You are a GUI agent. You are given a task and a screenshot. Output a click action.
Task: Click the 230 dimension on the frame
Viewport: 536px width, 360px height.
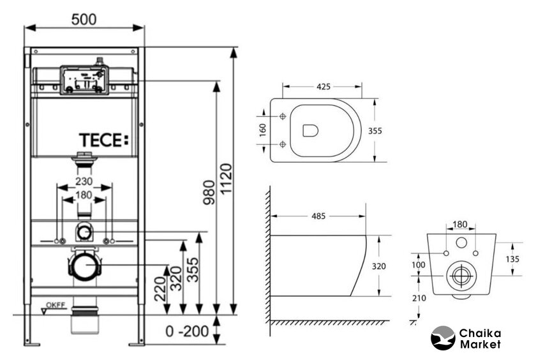84,181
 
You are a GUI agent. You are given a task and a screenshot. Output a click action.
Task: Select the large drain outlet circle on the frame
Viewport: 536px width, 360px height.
83,266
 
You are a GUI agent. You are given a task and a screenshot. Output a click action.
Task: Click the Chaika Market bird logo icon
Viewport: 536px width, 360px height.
443,338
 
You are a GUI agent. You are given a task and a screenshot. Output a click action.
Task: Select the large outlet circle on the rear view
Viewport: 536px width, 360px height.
459,276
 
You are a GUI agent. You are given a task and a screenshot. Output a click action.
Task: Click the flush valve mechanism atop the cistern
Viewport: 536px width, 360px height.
84,78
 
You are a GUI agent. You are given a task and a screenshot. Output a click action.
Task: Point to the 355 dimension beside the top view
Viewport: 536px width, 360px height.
375,130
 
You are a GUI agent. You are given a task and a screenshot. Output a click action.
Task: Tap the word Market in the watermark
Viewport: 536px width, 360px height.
479,345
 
